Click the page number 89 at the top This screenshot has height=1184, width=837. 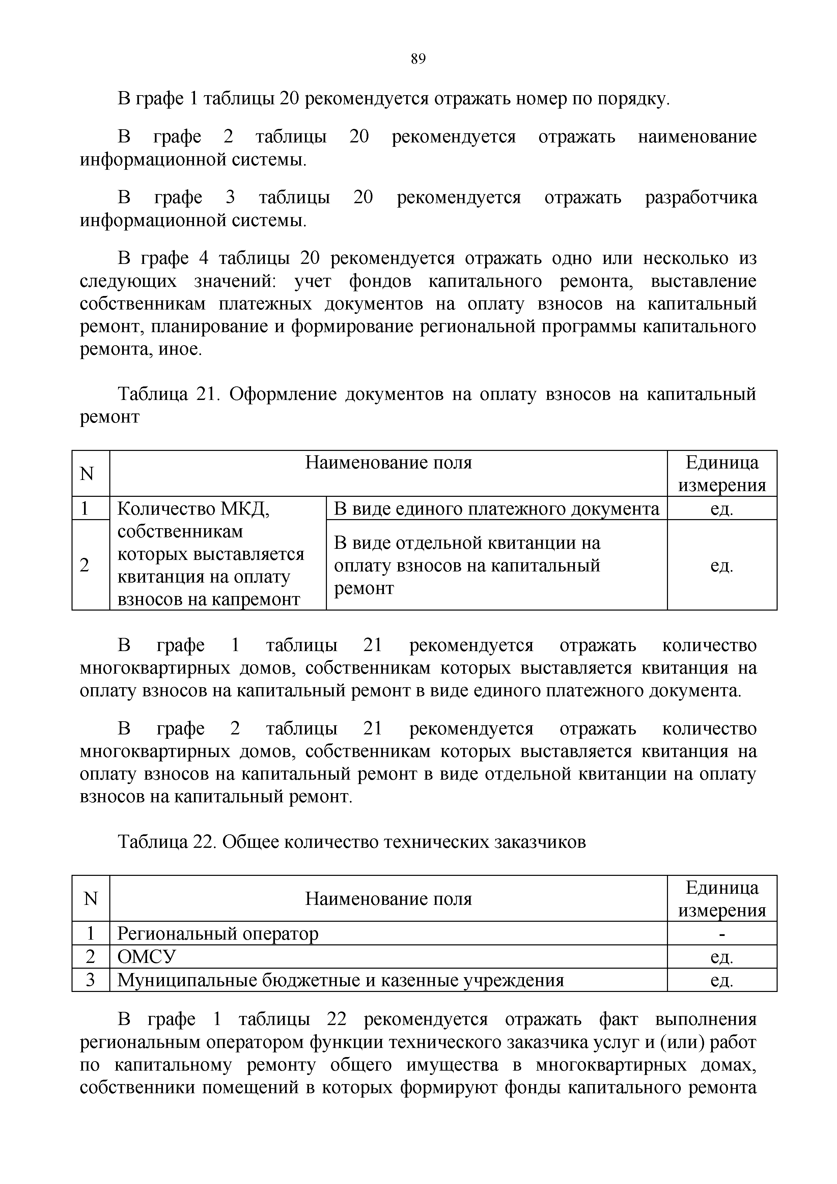(x=418, y=59)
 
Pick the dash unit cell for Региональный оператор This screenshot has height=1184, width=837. (x=722, y=933)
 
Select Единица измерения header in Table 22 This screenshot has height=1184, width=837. (x=722, y=899)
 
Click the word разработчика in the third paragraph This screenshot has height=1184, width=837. (x=701, y=197)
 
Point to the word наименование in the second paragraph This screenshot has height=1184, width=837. (x=697, y=137)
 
